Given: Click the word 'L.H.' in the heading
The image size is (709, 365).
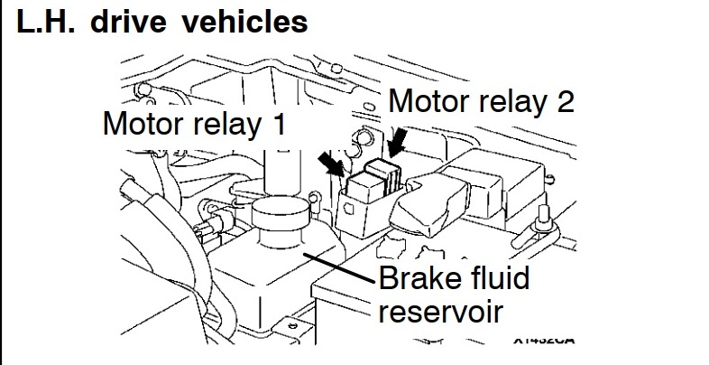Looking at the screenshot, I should click(44, 22).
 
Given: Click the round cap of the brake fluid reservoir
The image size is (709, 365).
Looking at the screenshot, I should click(281, 216).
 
